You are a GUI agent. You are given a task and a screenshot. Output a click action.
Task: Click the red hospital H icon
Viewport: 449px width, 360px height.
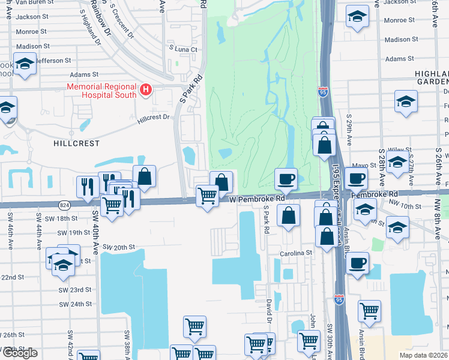pyautogui.click(x=145, y=91)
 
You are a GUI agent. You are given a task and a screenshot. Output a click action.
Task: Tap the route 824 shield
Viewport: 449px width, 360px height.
pyautogui.click(x=64, y=205)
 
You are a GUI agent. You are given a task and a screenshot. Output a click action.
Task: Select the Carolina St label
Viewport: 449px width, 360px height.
pyautogui.click(x=296, y=254)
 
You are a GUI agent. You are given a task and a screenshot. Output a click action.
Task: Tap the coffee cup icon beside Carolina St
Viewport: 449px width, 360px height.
pyautogui.click(x=357, y=263)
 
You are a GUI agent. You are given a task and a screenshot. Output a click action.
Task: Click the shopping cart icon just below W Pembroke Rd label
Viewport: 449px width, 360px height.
pyautogui.click(x=207, y=196)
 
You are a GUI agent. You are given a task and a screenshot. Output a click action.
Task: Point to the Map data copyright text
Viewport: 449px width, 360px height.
pyautogui.click(x=424, y=355)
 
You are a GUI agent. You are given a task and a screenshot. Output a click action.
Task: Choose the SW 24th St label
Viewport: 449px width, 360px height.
pyautogui.click(x=75, y=304)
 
